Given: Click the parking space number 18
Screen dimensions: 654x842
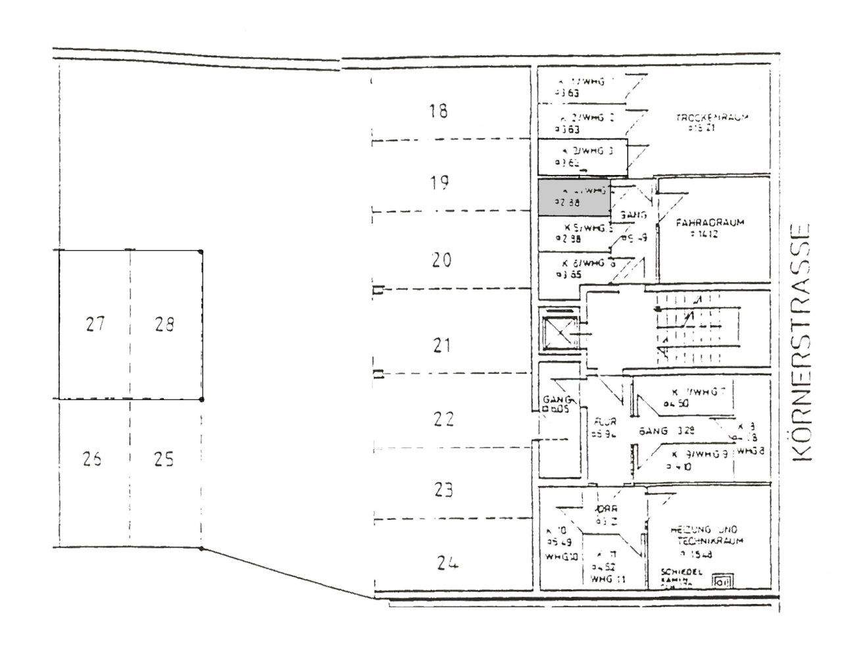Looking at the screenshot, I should click(438, 111).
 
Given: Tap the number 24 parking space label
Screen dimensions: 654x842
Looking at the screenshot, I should click(447, 563).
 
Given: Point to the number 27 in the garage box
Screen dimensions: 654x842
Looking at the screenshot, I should click(95, 324).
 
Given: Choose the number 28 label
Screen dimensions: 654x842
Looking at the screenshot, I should click(164, 324).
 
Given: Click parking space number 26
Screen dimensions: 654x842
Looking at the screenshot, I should click(92, 459).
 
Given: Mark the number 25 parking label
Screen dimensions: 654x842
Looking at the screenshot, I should click(163, 459).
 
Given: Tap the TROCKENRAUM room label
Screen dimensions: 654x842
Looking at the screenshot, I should click(712, 118).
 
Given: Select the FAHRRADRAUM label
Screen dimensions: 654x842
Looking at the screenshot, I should click(710, 222).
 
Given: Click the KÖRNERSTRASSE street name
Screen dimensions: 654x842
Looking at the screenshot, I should click(799, 341).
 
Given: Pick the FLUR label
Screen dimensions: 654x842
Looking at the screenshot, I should click(604, 422).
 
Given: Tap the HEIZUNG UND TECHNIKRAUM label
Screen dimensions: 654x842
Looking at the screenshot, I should click(705, 535).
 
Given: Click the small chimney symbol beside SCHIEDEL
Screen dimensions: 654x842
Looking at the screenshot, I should click(723, 581).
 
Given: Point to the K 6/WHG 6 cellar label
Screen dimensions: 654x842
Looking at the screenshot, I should click(587, 263).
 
